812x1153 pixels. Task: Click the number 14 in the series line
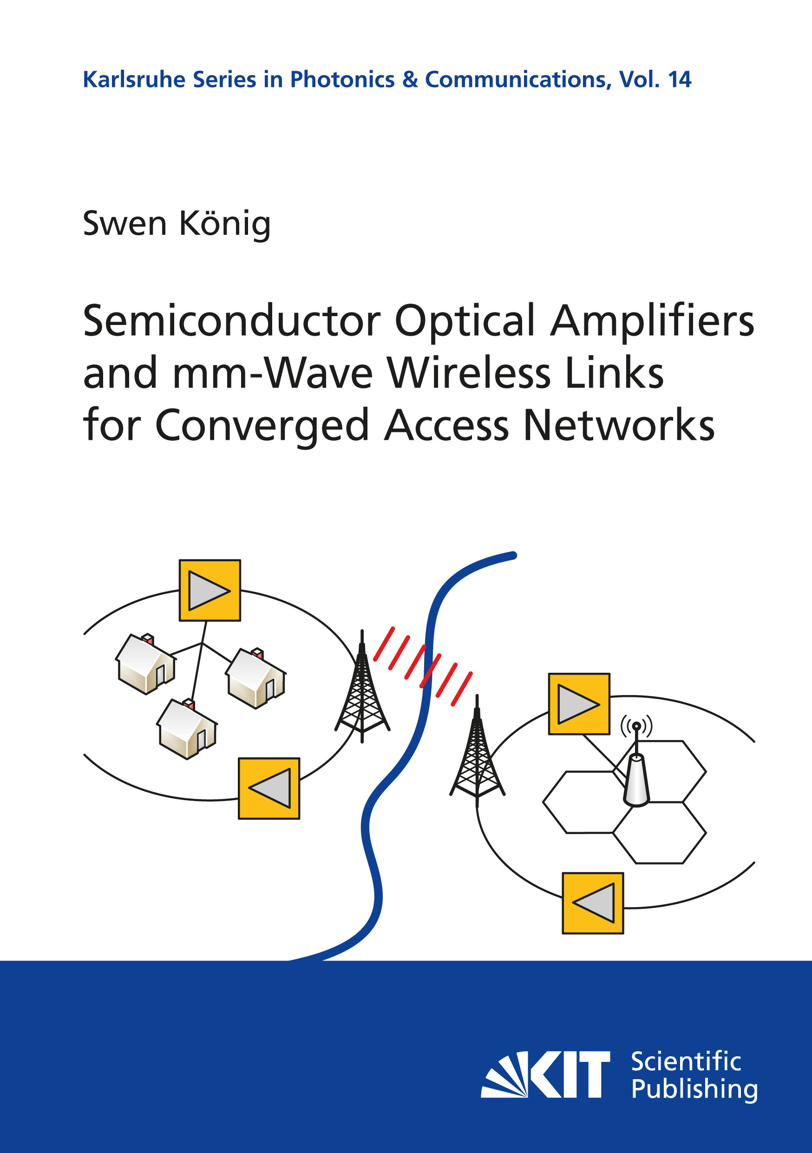tap(680, 80)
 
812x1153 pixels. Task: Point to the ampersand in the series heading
tap(410, 80)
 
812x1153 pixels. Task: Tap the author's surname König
tap(225, 224)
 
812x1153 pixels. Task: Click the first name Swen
tap(125, 224)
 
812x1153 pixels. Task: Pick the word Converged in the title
tap(262, 426)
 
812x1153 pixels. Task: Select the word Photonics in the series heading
tap(342, 80)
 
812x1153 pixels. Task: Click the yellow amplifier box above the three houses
tap(210, 590)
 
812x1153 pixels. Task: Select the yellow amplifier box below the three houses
tap(269, 789)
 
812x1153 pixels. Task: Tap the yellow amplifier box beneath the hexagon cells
tap(593, 903)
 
